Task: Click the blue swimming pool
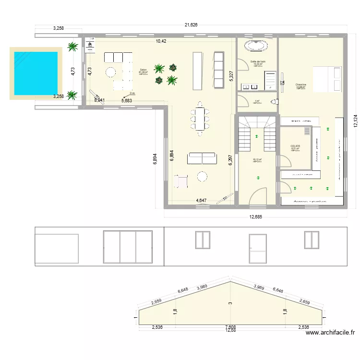click(x=36, y=73)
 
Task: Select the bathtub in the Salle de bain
click(x=256, y=46)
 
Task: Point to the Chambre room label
click(x=301, y=85)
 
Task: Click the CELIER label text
click(x=295, y=146)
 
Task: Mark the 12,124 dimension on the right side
click(x=355, y=120)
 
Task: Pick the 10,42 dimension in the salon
click(x=161, y=41)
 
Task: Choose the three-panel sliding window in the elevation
click(x=128, y=247)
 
